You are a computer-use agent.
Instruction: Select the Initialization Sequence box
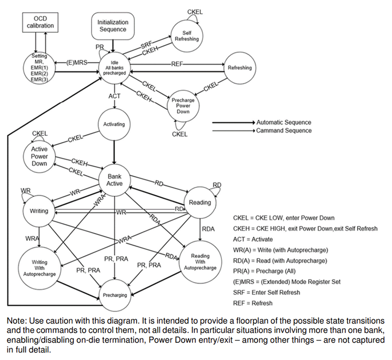tap(113, 26)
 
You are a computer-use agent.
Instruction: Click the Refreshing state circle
tap(240, 68)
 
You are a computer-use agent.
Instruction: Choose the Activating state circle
tap(114, 125)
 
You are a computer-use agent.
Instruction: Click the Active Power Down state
tap(39, 156)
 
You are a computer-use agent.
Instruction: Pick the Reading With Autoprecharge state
tap(200, 262)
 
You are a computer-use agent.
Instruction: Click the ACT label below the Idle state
tap(115, 96)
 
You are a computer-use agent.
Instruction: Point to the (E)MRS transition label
tap(77, 62)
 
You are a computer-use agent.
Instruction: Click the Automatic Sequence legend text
tap(284, 123)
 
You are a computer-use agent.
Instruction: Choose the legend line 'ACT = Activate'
tap(253, 239)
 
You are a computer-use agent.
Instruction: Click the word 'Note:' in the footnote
tap(17, 321)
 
